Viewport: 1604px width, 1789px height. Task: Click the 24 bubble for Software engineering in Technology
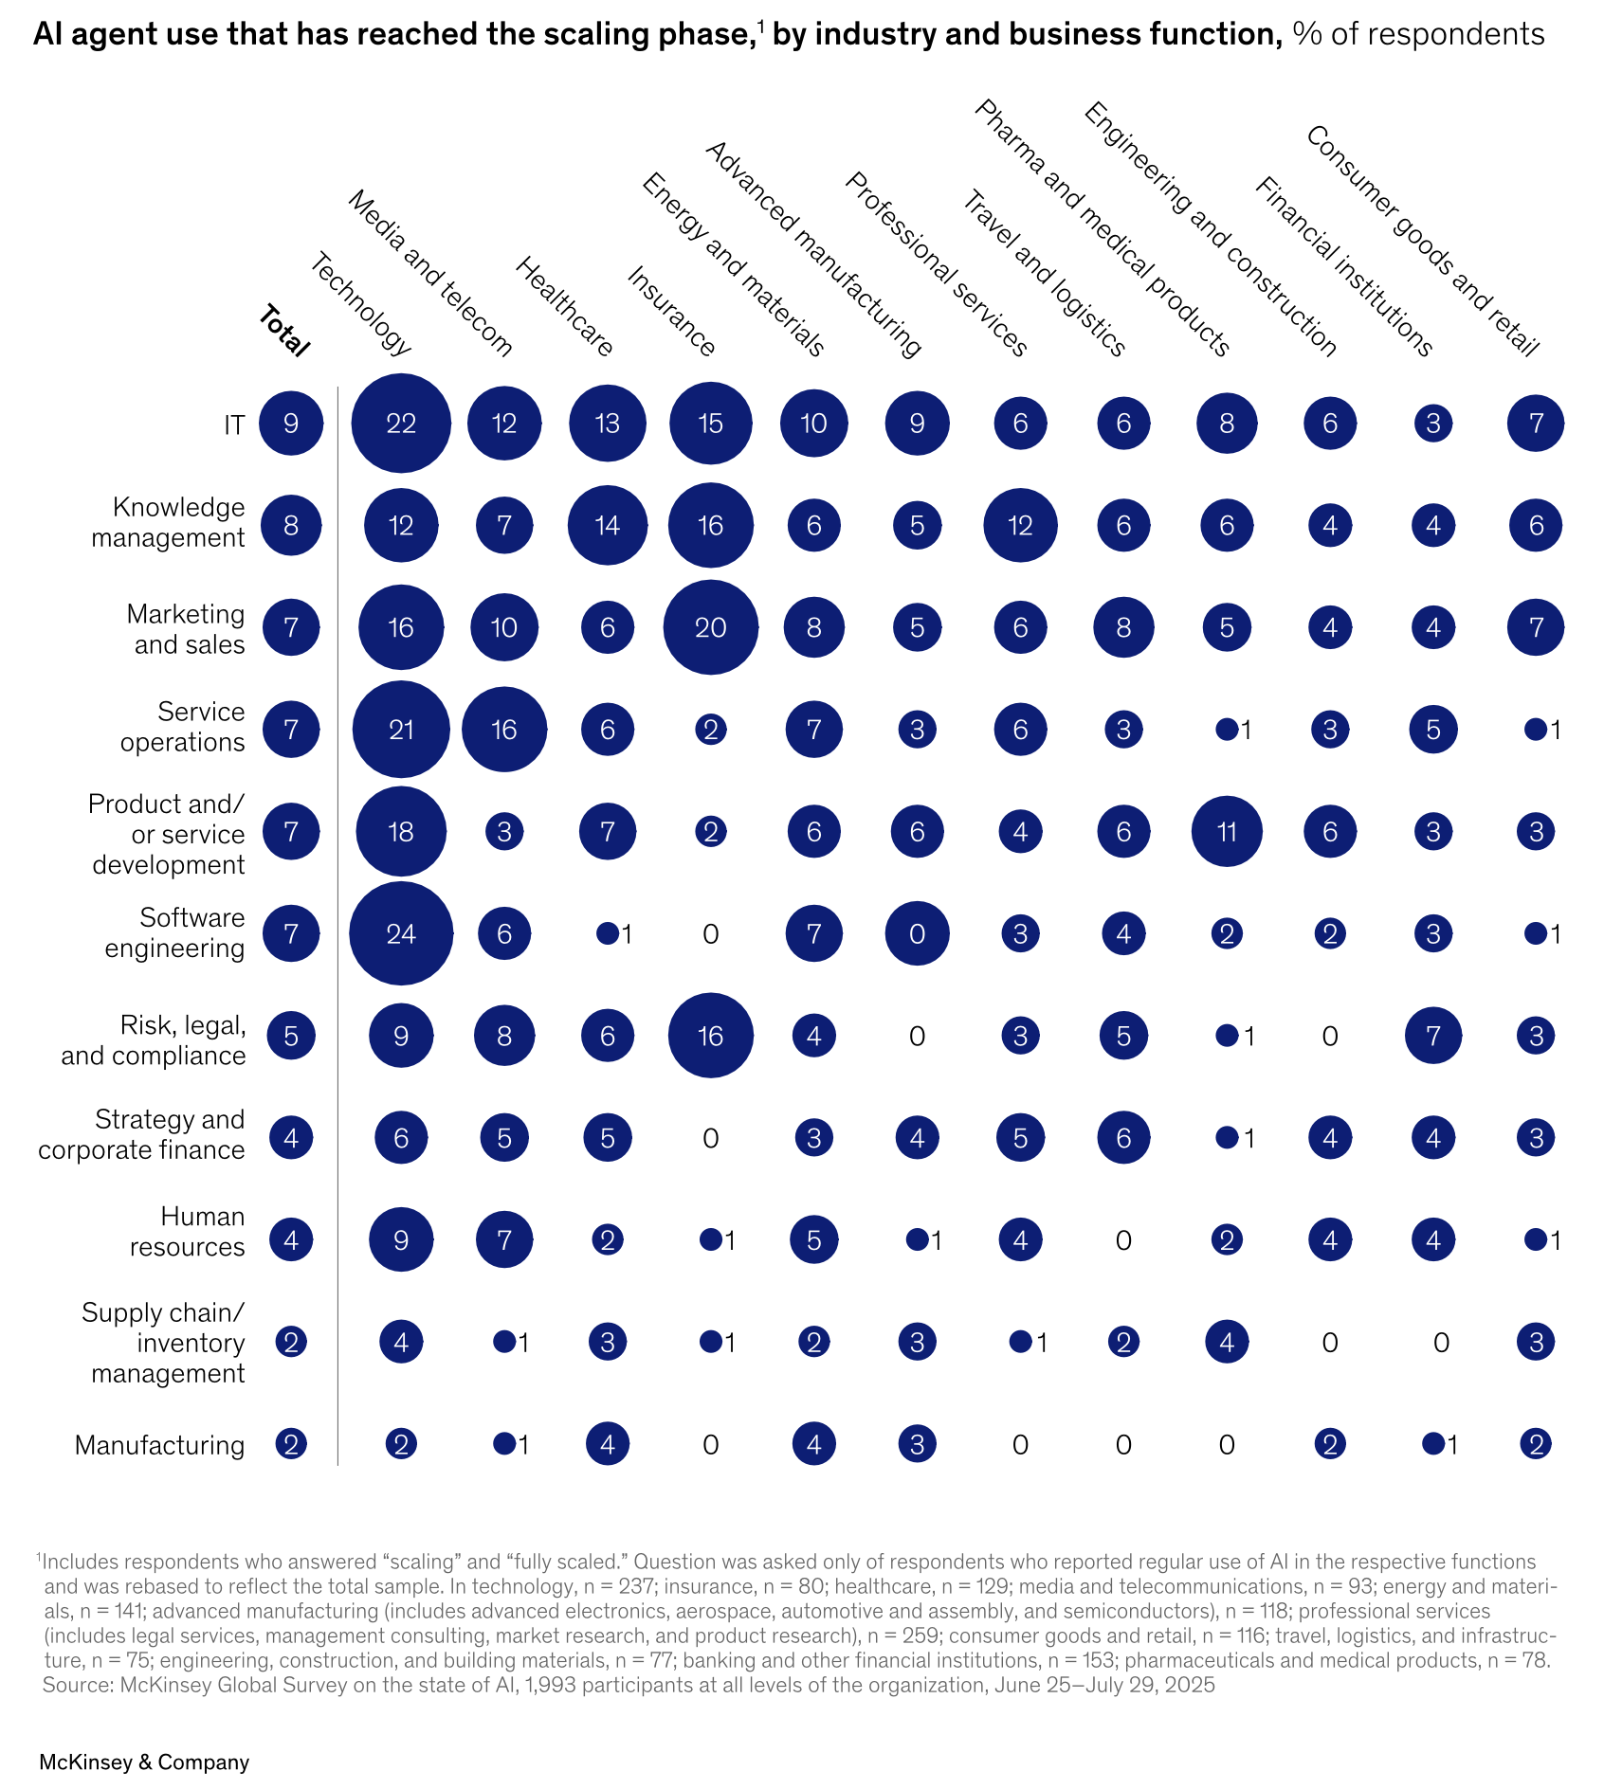pyautogui.click(x=401, y=934)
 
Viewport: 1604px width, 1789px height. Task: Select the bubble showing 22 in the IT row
pyautogui.click(x=401, y=424)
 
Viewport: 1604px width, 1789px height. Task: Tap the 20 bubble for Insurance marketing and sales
pyautogui.click(x=710, y=627)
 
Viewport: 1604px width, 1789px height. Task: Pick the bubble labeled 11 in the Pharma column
pyautogui.click(x=1227, y=832)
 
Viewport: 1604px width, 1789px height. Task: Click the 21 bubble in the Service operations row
pyautogui.click(x=401, y=730)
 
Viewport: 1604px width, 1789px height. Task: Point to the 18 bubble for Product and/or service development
pyautogui.click(x=401, y=832)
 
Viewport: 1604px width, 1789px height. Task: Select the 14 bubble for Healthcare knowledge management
pyautogui.click(x=607, y=526)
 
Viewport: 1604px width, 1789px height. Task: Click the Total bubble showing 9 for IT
pyautogui.click(x=291, y=424)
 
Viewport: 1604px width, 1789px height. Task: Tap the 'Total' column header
pyautogui.click(x=283, y=332)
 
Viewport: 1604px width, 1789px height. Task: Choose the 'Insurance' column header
pyautogui.click(x=671, y=312)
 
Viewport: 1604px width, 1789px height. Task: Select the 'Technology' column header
pyautogui.click(x=361, y=304)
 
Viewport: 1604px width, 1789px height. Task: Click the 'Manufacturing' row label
pyautogui.click(x=159, y=1445)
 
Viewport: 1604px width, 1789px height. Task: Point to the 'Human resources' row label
pyautogui.click(x=187, y=1232)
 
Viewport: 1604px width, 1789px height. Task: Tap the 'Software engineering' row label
pyautogui.click(x=174, y=933)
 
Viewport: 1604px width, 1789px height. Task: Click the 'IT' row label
pyautogui.click(x=233, y=425)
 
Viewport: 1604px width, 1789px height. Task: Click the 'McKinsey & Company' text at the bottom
pyautogui.click(x=144, y=1762)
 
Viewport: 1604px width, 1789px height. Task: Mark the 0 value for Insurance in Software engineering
pyautogui.click(x=710, y=935)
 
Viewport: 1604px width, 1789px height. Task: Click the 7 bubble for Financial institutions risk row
pyautogui.click(x=1432, y=1036)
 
